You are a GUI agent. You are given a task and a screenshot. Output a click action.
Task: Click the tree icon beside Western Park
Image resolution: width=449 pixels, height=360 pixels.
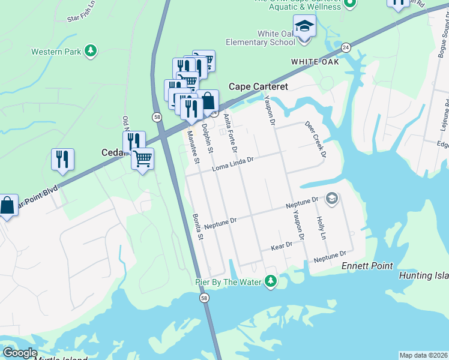point(90,52)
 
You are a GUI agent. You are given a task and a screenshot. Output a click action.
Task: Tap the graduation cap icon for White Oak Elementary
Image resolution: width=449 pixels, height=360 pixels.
point(304,27)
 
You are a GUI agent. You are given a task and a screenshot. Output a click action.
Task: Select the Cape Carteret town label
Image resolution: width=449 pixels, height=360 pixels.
point(258,86)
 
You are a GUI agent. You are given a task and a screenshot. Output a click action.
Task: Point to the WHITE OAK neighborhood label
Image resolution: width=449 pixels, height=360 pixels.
point(315,62)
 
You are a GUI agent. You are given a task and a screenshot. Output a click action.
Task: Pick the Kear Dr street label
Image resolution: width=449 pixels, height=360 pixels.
point(282,245)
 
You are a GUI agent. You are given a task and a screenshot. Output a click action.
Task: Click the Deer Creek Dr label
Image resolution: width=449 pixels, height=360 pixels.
point(315,139)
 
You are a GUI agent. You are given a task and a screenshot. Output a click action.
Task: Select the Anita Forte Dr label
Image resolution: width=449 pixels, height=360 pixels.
point(231,133)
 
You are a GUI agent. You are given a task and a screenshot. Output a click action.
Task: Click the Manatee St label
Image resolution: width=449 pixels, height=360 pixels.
point(193,147)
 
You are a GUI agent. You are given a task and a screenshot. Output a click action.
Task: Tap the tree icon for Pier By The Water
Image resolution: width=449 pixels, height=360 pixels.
point(271,280)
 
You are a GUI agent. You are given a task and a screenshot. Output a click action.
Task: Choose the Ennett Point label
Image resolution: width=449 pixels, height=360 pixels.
point(367,266)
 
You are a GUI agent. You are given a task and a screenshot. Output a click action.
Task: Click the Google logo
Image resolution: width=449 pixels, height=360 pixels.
point(19,353)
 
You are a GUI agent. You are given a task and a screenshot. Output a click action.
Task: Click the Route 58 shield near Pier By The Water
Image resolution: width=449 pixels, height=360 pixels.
point(205,298)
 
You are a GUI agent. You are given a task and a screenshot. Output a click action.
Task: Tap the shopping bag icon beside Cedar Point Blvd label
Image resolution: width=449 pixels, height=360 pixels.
point(7,206)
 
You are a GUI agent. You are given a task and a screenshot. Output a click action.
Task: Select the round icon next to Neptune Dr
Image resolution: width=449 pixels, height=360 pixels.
point(332,198)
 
